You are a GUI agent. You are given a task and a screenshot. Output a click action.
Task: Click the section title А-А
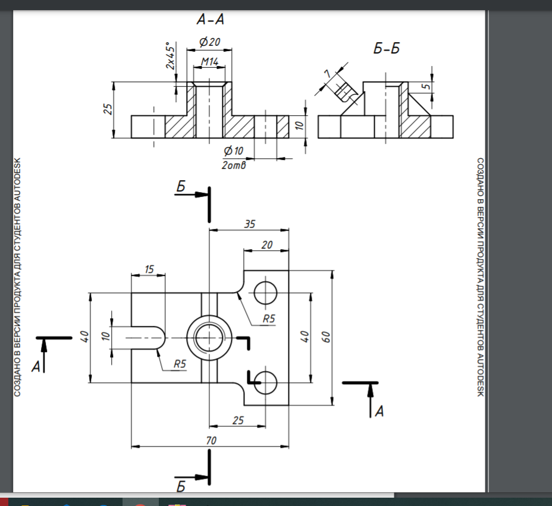click(x=211, y=20)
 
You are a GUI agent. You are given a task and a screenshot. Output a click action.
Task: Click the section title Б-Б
click(x=387, y=48)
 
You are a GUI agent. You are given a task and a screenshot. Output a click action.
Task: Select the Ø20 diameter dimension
click(x=210, y=42)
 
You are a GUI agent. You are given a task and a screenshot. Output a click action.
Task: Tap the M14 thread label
click(x=209, y=62)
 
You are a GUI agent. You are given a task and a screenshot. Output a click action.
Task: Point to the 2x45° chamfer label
click(x=170, y=56)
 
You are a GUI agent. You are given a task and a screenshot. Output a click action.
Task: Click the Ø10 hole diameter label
click(x=233, y=150)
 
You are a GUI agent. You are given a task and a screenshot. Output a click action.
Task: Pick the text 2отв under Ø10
click(x=233, y=165)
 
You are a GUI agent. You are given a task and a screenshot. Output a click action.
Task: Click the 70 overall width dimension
click(x=211, y=440)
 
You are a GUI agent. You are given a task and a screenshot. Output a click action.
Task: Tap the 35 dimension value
click(x=250, y=224)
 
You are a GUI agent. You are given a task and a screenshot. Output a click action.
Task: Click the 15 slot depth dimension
click(x=149, y=269)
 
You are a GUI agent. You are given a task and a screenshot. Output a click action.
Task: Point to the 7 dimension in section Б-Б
click(x=328, y=74)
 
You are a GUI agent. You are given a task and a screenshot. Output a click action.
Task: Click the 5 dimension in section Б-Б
click(x=426, y=86)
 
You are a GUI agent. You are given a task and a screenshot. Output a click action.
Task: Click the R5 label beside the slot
click(x=180, y=363)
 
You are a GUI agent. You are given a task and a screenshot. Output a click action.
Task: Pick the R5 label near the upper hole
click(x=269, y=319)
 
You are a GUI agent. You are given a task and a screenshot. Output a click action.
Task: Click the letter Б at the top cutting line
click(x=181, y=187)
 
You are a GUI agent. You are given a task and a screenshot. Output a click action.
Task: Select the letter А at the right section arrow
click(x=379, y=411)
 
